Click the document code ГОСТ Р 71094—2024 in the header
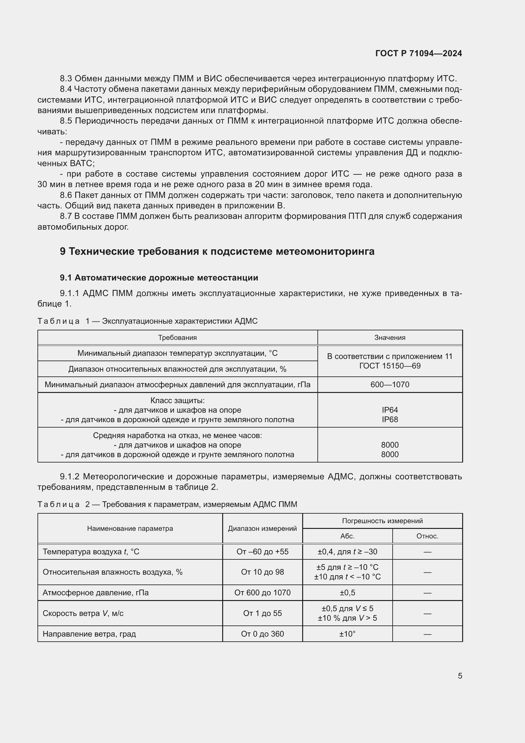[x=418, y=53]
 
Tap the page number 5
[x=460, y=676]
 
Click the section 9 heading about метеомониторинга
[x=217, y=252]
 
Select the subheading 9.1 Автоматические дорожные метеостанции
[x=159, y=278]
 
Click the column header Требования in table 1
[x=177, y=338]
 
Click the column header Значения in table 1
[x=389, y=338]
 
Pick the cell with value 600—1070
[x=389, y=384]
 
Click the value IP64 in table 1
[x=389, y=410]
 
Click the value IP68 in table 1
[x=389, y=419]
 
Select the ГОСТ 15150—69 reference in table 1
[x=389, y=366]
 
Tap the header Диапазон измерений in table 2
[x=262, y=529]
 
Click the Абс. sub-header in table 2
[x=347, y=536]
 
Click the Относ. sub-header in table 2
[x=427, y=536]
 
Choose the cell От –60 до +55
[x=262, y=552]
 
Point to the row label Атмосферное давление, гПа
[x=96, y=592]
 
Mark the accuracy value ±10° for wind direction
[x=347, y=634]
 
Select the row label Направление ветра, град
[x=89, y=634]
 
